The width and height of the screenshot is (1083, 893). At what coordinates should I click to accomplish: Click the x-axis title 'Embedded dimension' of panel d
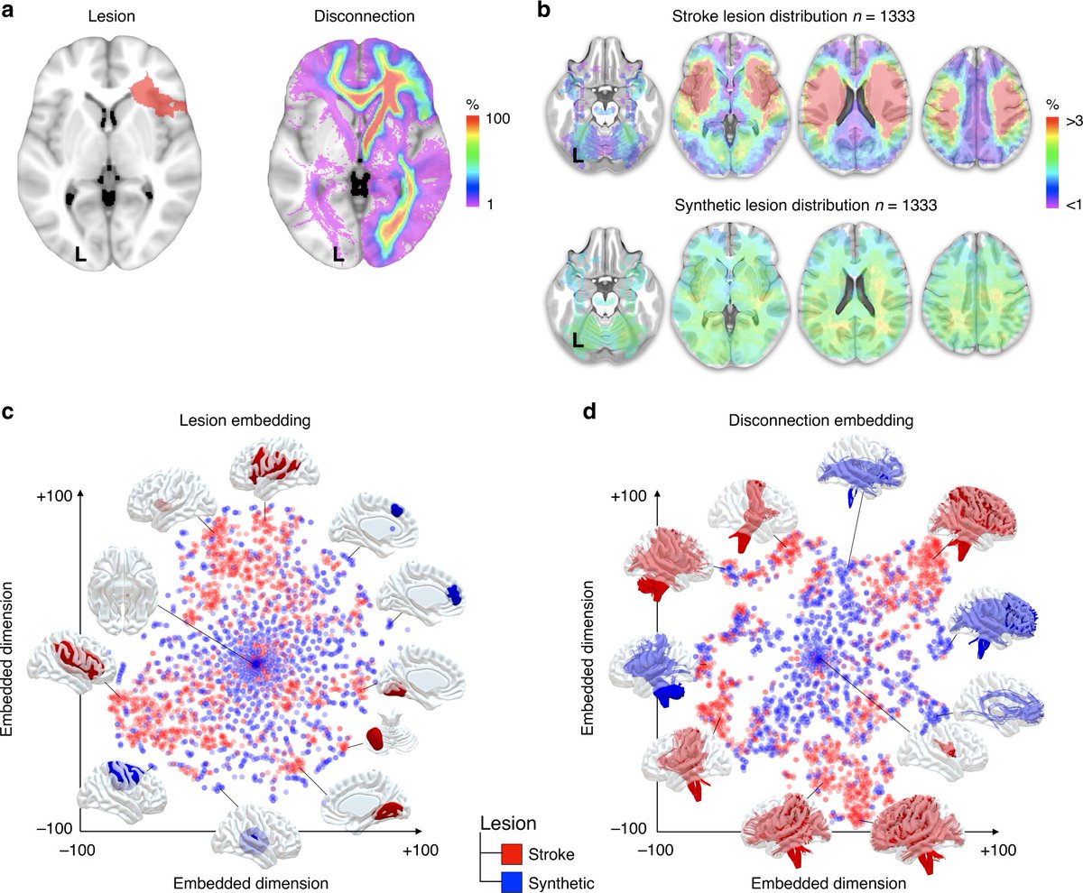[829, 880]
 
